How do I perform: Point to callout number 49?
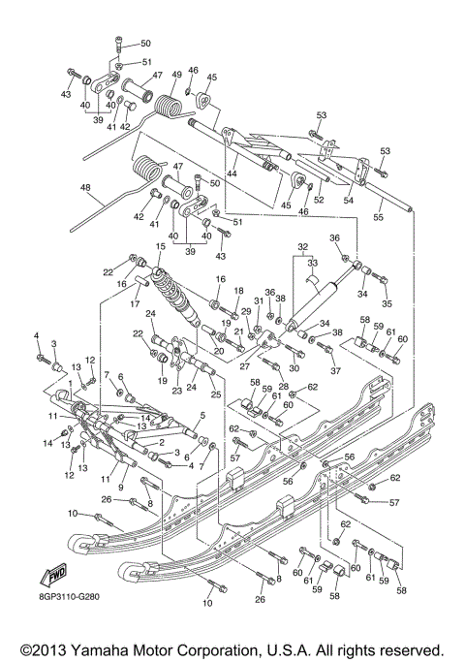(177, 75)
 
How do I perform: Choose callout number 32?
(302, 246)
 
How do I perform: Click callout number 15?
(160, 247)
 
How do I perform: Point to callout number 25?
(215, 395)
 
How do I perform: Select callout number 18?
(238, 291)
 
